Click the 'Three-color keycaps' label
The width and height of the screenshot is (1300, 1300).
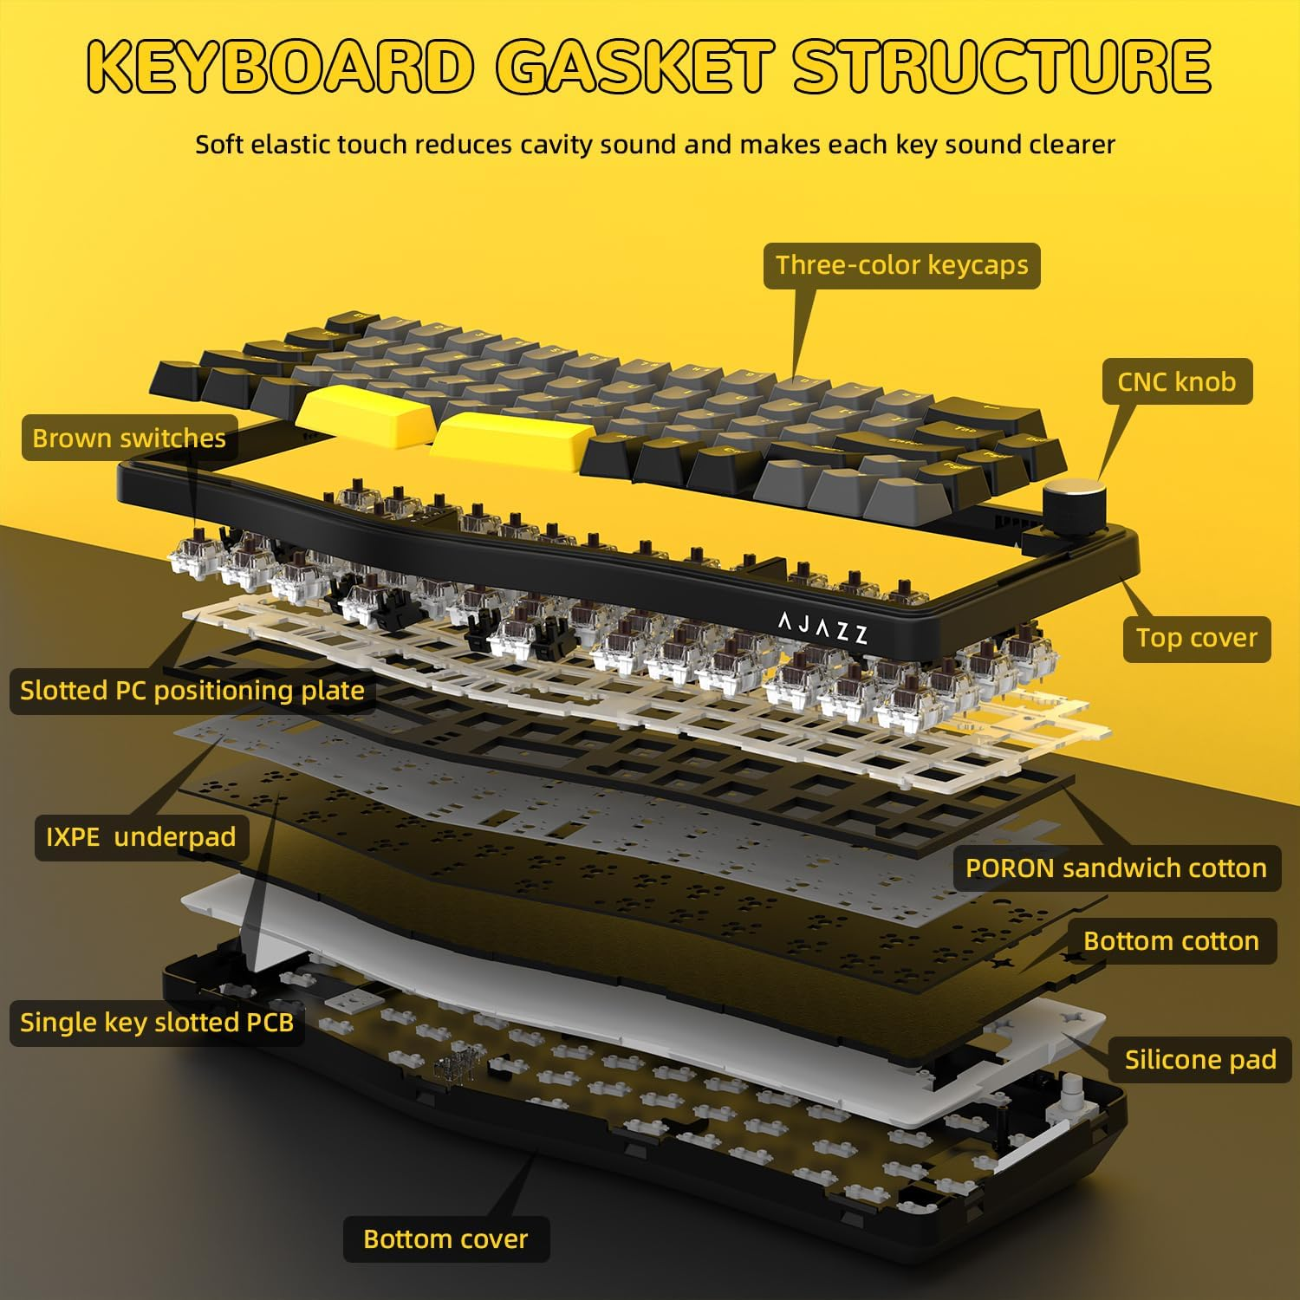point(901,265)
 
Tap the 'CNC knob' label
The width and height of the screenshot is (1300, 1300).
point(1177,381)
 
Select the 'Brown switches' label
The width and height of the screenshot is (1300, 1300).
point(128,438)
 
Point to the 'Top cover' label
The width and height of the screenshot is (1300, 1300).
point(1196,638)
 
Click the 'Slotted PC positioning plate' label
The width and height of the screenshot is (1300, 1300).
point(192,691)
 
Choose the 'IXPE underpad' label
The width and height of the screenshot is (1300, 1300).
point(141,837)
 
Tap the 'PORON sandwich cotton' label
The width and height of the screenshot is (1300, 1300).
point(1116,868)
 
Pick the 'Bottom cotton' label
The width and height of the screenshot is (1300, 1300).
point(1171,941)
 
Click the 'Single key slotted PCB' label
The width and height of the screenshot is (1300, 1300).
point(156,1023)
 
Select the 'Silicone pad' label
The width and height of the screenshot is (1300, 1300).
point(1200,1059)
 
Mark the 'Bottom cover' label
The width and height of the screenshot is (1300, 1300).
point(445,1239)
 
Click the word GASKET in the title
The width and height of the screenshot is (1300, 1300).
point(635,66)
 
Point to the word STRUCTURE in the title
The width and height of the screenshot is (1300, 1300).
point(1003,66)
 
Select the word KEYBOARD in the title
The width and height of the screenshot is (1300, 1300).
point(282,66)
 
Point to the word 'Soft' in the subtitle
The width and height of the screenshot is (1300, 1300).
point(218,144)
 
